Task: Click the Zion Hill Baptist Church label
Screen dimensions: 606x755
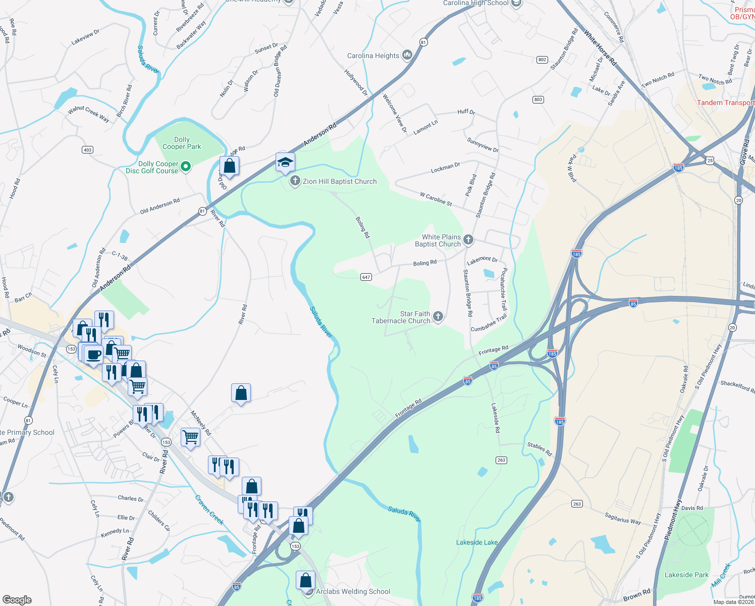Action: [x=340, y=181]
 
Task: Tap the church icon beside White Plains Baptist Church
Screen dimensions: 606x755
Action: [x=468, y=239]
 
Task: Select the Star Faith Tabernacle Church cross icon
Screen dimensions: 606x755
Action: [x=438, y=317]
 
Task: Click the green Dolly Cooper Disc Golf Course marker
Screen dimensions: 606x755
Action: [x=186, y=166]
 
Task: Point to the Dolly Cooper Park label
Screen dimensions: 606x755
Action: [x=182, y=143]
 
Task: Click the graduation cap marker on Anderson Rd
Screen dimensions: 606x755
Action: [x=285, y=162]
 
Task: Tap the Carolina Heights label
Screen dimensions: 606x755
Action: [x=373, y=56]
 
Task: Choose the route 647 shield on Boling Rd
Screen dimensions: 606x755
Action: [x=366, y=277]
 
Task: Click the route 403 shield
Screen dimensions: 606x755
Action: [x=87, y=149]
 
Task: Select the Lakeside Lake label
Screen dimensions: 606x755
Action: [x=477, y=542]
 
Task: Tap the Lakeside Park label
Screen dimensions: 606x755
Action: [x=686, y=575]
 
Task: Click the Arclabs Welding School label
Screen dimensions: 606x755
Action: [x=353, y=591]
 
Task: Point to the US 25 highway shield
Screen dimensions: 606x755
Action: [x=710, y=161]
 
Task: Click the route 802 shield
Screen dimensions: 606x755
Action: [x=542, y=60]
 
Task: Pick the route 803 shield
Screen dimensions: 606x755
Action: [x=538, y=99]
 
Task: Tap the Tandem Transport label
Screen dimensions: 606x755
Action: [x=725, y=103]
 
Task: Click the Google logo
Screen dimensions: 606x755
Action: [x=17, y=600]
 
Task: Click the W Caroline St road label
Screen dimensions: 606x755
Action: [x=436, y=198]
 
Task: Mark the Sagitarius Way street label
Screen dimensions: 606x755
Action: [x=623, y=518]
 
